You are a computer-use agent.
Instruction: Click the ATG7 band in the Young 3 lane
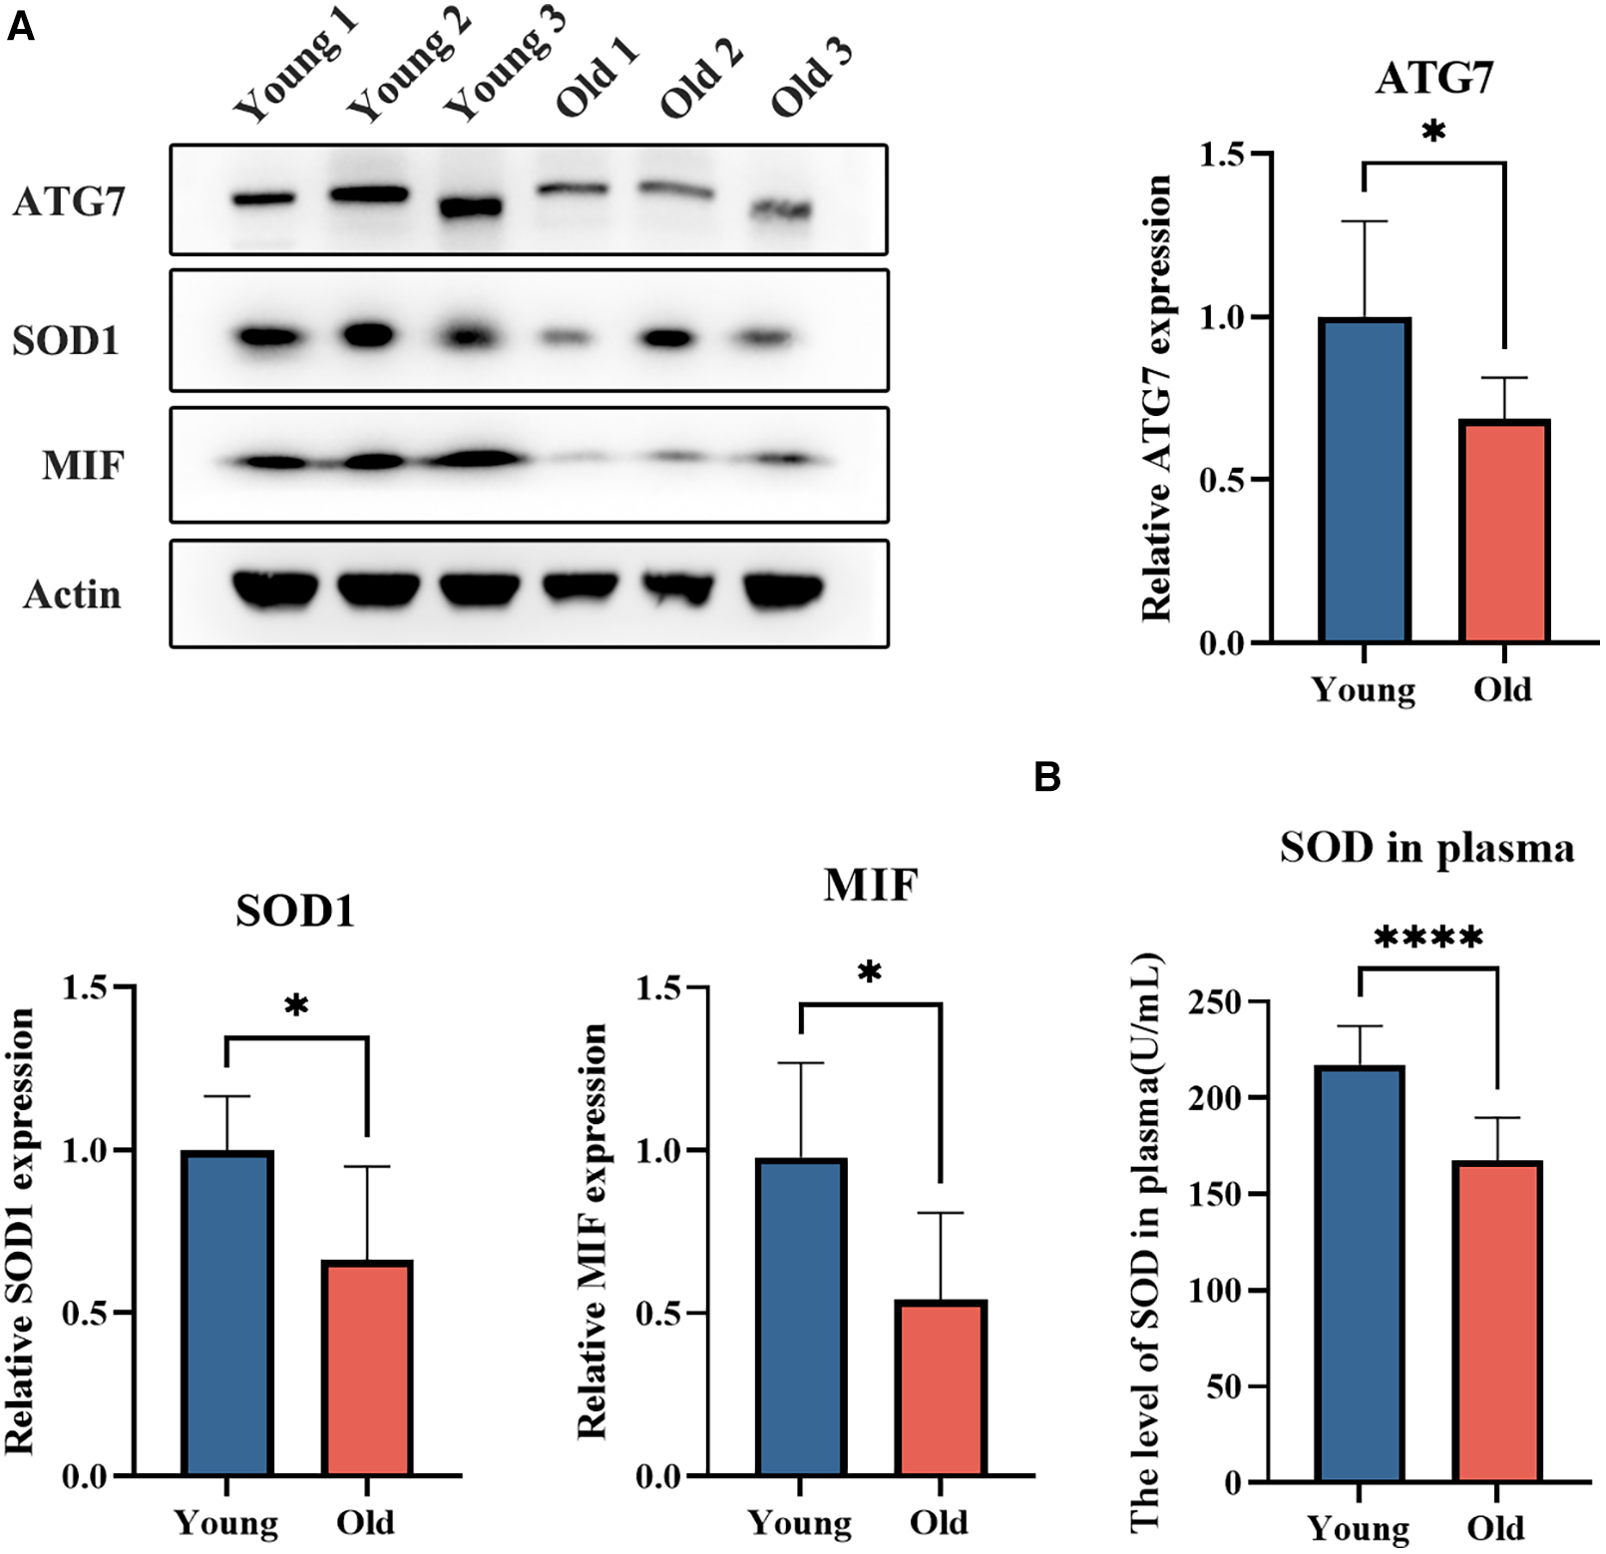[471, 207]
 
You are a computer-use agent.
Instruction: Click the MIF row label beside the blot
[83, 465]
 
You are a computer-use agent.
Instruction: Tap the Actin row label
[72, 594]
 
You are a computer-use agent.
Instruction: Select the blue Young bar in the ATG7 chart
[1364, 480]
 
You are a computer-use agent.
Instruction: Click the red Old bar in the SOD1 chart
[367, 1367]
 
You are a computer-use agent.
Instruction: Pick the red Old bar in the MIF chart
[941, 1387]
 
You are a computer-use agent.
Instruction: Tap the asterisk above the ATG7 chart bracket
[1433, 131]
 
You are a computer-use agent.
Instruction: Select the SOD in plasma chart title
[1426, 848]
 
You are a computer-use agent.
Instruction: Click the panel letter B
[1046, 776]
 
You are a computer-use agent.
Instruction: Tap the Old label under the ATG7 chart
[1502, 689]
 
